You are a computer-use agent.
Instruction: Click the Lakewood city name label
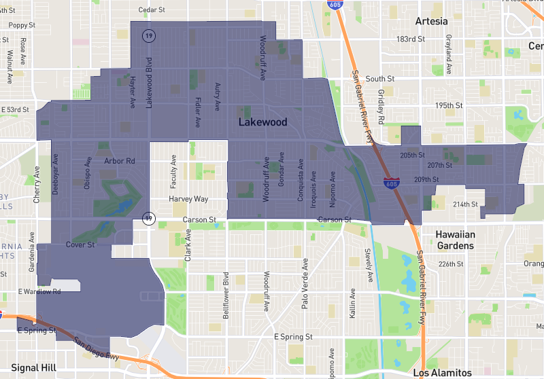tap(262, 122)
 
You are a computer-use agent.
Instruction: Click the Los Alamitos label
tap(442, 373)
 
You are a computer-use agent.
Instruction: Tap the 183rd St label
tap(411, 39)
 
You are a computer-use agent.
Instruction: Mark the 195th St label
tap(449, 106)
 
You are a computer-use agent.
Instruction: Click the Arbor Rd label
tap(120, 161)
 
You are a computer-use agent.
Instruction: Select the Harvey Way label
tap(189, 199)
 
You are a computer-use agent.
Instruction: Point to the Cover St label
tap(80, 245)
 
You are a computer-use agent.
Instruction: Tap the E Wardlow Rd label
tap(39, 291)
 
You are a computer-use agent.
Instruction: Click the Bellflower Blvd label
tap(226, 291)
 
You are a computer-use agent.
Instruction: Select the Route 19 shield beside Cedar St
tap(147, 35)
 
